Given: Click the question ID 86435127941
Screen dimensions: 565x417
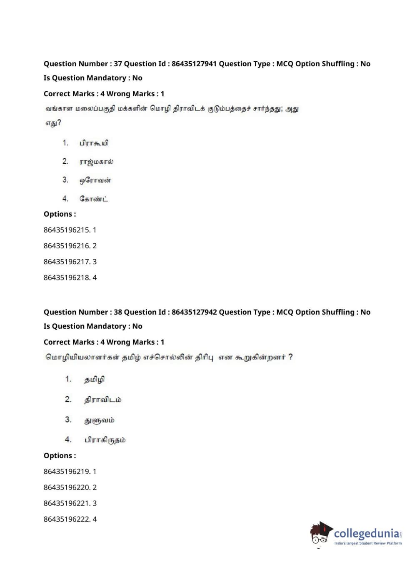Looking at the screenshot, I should pos(194,64).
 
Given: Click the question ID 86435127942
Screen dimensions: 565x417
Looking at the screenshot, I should pos(194,312).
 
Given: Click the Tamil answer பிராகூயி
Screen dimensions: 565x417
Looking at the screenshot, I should pos(94,143).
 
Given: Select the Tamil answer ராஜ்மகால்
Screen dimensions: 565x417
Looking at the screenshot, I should pos(96,162).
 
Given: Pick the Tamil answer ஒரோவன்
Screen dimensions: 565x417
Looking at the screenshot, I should pos(95,180).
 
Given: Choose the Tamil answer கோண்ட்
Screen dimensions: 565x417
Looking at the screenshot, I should pos(94,199).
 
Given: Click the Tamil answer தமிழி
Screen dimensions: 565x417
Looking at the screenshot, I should pos(94,380).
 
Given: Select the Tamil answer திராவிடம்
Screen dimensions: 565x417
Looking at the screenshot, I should pos(103,400).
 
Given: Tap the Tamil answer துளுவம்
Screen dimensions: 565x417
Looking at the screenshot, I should pos(99,420).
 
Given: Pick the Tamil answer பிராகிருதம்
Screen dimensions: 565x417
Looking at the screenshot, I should pos(105,440).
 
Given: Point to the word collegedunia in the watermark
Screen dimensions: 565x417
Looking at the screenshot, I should pos(366,533).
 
